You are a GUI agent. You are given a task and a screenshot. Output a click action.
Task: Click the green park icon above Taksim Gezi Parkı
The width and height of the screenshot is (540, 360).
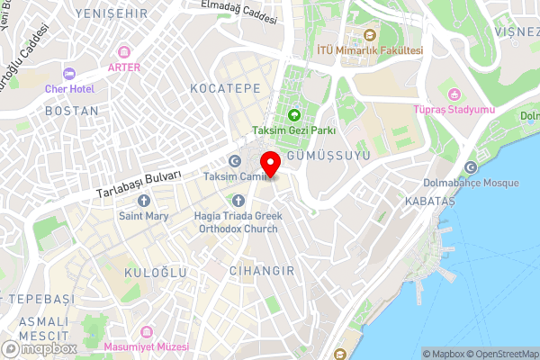click(294, 115)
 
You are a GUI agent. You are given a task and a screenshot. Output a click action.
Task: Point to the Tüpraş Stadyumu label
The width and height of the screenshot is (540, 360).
click(454, 110)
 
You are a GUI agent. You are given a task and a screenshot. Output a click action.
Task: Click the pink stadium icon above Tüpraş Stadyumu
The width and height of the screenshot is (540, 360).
click(454, 94)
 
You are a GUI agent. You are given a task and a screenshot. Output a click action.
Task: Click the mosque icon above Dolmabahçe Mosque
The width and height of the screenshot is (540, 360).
click(472, 166)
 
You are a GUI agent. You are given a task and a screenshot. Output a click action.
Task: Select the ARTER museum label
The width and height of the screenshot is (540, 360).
click(123, 67)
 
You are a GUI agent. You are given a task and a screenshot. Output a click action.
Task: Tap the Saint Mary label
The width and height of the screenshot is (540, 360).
click(143, 216)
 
